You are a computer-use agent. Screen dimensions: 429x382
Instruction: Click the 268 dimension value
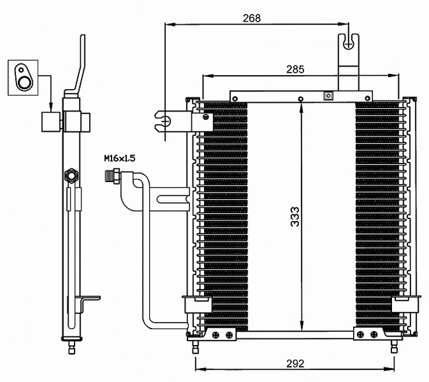(x=251, y=18)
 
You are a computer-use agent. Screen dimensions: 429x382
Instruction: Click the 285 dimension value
(x=295, y=69)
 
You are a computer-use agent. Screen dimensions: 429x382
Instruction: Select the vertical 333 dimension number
(x=295, y=216)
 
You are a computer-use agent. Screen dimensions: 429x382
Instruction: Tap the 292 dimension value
(x=295, y=364)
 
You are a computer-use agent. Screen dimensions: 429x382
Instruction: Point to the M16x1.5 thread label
(x=119, y=158)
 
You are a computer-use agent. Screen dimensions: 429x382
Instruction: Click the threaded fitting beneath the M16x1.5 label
(x=112, y=176)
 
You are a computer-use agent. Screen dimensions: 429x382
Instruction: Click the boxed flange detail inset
(x=23, y=78)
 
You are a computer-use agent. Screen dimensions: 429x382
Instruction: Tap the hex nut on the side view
(x=71, y=175)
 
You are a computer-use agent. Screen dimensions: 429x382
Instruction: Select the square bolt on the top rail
(x=328, y=96)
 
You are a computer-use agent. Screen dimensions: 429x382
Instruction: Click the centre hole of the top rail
(x=301, y=99)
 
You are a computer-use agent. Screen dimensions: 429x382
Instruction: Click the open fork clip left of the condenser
(x=163, y=121)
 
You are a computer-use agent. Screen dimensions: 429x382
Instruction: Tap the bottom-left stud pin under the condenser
(x=195, y=347)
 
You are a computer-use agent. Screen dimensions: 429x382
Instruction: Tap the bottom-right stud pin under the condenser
(x=394, y=347)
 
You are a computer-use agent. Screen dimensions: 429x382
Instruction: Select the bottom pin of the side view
(x=71, y=347)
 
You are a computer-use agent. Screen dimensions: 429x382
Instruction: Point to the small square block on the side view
(x=51, y=122)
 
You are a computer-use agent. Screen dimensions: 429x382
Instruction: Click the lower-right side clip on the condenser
(x=406, y=304)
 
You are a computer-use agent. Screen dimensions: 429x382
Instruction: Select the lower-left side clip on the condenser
(x=197, y=304)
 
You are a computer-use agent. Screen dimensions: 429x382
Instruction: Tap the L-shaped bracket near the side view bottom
(x=87, y=303)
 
